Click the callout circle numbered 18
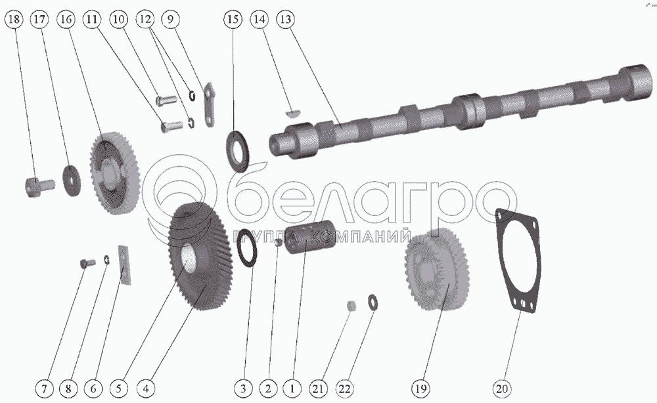click(x=14, y=19)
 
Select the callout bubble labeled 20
click(x=501, y=389)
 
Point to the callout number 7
click(x=45, y=389)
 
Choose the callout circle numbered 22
click(x=344, y=389)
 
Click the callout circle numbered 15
click(x=233, y=19)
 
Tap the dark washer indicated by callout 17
click(x=72, y=180)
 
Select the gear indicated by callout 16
click(x=114, y=173)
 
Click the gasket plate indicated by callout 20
click(x=517, y=261)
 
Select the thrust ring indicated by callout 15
click(x=238, y=151)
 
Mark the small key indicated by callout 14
click(x=293, y=112)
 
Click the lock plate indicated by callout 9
click(x=210, y=104)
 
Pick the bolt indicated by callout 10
click(x=166, y=100)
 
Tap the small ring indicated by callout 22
click(x=372, y=302)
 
